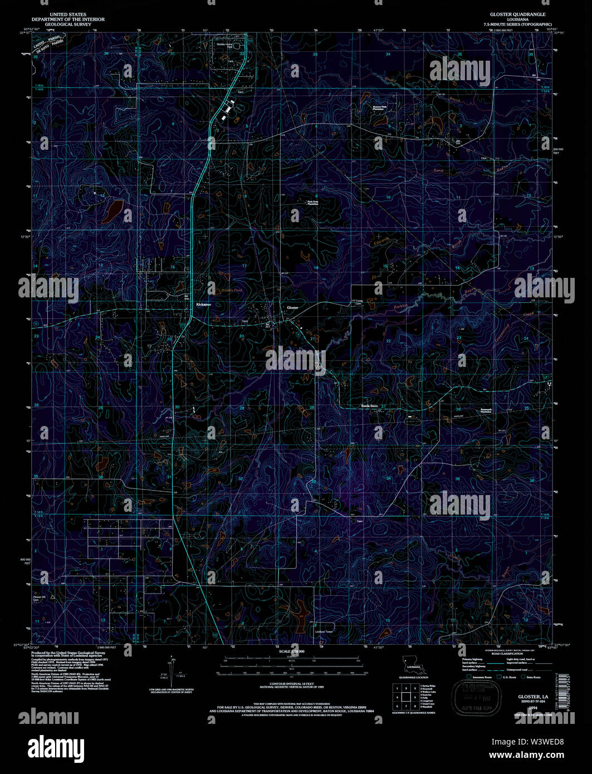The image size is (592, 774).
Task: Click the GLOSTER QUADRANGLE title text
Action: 517,14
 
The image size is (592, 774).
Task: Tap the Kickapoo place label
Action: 203,305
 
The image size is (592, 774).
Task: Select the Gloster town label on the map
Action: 292,307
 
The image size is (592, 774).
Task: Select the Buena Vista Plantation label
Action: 379,109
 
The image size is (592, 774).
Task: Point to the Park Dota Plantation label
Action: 313,203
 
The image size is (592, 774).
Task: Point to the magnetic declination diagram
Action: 172,671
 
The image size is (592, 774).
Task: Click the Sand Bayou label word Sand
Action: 438,170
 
